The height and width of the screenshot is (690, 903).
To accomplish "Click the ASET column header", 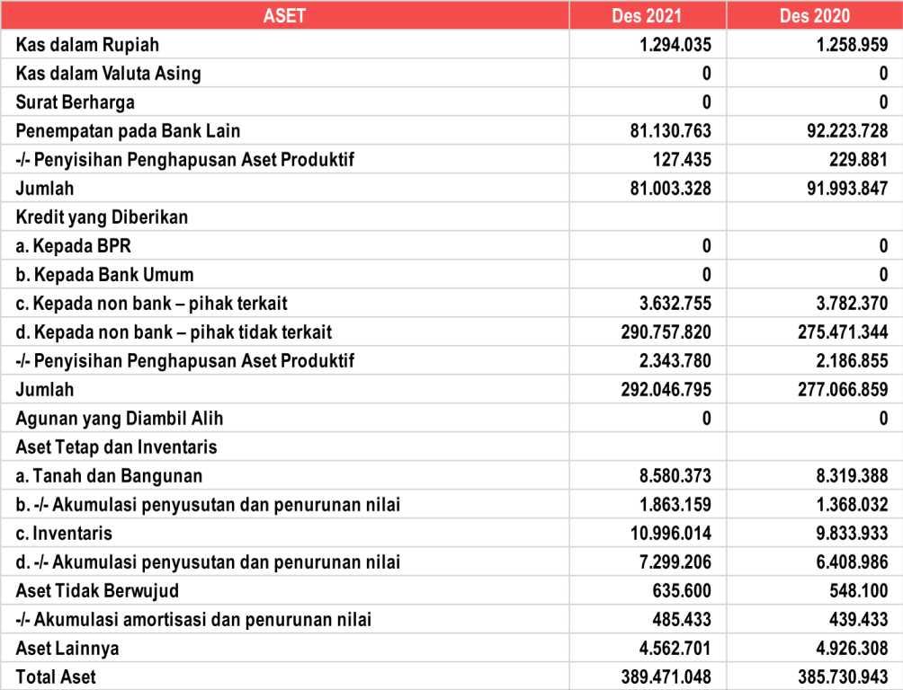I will pyautogui.click(x=284, y=15).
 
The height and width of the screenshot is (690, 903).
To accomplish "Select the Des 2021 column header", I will pyautogui.click(x=647, y=15).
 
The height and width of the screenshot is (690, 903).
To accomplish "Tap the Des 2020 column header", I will pyautogui.click(x=815, y=15).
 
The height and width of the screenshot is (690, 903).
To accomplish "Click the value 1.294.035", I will pyautogui.click(x=675, y=44).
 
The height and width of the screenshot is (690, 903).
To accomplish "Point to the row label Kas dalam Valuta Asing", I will pyautogui.click(x=108, y=73).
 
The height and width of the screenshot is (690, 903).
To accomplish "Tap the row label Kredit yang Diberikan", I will pyautogui.click(x=102, y=217).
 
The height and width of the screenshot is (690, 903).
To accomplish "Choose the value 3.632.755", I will pyautogui.click(x=675, y=303).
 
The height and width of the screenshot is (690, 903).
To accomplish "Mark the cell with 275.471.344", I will pyautogui.click(x=836, y=332).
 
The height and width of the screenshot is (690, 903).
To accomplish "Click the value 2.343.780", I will pyautogui.click(x=675, y=360).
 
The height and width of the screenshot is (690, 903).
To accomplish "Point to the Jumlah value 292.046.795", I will pyautogui.click(x=666, y=389).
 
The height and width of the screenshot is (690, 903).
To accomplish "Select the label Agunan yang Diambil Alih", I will pyautogui.click(x=120, y=418).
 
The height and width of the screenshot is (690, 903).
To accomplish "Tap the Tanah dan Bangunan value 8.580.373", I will pyautogui.click(x=675, y=475).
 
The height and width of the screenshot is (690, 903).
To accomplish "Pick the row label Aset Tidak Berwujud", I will pyautogui.click(x=97, y=590).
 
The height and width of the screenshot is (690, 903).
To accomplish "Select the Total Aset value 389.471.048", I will pyautogui.click(x=666, y=677).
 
